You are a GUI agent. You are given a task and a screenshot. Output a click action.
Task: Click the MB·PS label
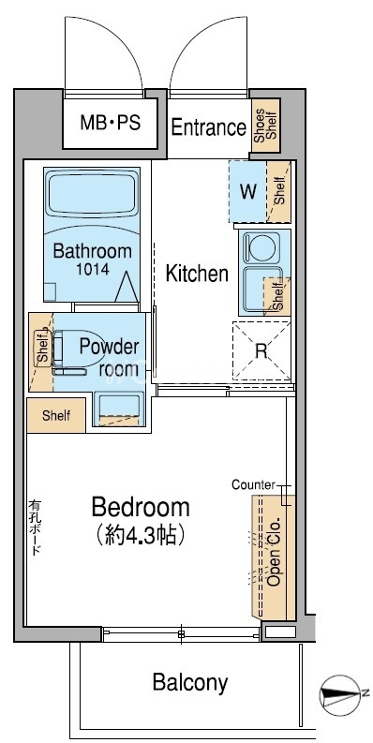110,123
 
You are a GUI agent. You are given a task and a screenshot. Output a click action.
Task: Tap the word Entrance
209,127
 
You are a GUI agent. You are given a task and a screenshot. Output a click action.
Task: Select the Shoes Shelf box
265,126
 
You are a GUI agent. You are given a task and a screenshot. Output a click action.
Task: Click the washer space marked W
247,192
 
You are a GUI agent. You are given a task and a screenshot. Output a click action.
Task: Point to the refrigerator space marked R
261,351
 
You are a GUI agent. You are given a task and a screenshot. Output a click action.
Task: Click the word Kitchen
197,274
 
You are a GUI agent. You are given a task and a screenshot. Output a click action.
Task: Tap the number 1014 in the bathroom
93,269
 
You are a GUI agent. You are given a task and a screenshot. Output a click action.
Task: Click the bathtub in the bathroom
92,198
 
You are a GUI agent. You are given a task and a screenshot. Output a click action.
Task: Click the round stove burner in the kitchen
261,248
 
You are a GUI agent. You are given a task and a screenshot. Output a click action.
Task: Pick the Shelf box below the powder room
56,416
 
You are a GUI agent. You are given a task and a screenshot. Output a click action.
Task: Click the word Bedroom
141,507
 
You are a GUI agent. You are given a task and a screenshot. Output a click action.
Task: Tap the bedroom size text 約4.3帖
140,535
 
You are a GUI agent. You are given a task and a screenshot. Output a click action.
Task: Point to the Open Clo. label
275,552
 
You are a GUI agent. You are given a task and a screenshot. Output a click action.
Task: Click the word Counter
253,484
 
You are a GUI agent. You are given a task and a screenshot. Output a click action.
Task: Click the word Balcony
190,683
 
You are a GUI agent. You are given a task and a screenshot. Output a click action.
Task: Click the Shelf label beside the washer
280,190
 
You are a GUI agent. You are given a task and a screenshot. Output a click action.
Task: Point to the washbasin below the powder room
118,409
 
